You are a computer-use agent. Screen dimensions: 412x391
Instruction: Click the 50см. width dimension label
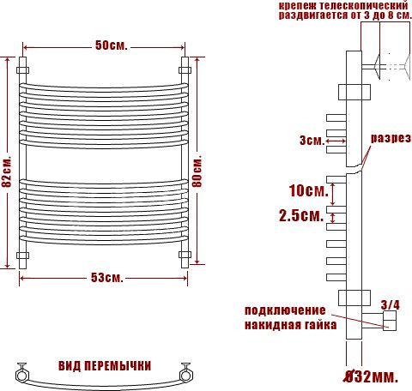click(112, 45)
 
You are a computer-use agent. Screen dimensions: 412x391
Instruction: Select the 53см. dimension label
click(107, 278)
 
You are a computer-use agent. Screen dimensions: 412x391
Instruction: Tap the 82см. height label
click(6, 171)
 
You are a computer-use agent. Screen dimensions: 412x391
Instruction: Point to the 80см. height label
click(197, 171)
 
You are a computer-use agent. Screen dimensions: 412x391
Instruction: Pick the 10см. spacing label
click(308, 190)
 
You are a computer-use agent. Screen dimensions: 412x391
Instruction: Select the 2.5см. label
click(301, 215)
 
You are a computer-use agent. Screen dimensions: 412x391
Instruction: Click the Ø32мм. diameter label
click(371, 377)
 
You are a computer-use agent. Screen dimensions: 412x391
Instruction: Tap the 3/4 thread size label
click(390, 305)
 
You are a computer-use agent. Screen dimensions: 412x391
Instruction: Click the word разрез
click(391, 138)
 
